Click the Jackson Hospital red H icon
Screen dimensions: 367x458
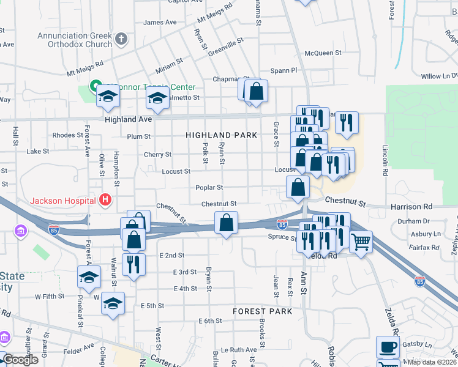105,200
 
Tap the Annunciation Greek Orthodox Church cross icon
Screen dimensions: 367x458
121,39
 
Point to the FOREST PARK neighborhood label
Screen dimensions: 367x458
262,311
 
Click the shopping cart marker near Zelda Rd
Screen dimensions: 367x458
361,243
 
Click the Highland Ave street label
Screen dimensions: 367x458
128,120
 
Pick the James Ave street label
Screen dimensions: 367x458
159,23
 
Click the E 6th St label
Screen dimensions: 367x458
209,321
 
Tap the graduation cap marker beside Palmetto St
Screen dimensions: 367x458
157,97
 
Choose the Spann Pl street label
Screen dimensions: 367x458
283,70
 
